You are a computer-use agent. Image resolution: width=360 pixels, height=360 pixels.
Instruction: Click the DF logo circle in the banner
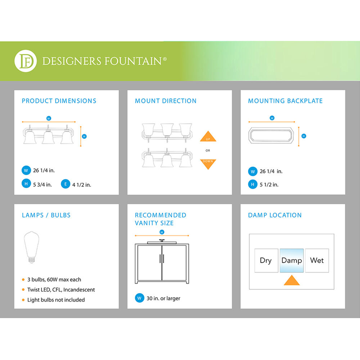tap(26, 61)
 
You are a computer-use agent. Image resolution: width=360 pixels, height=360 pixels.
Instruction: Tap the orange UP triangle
tap(208, 136)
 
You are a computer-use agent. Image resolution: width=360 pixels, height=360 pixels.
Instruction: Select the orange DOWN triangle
tap(208, 164)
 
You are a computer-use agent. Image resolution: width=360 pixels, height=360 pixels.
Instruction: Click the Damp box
tap(292, 260)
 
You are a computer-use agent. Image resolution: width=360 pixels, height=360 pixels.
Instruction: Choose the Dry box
tap(266, 260)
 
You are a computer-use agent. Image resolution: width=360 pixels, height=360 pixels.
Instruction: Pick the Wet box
tap(317, 260)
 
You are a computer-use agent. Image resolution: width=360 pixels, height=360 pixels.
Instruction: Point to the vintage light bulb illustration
tap(31, 247)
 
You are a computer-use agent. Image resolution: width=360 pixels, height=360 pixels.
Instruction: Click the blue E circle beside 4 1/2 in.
tap(66, 184)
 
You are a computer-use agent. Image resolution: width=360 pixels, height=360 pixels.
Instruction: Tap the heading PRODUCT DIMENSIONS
tap(59, 101)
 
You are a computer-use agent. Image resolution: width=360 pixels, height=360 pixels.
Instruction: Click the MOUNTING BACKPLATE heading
tap(285, 101)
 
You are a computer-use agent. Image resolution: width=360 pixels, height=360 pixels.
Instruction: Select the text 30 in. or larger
tap(163, 298)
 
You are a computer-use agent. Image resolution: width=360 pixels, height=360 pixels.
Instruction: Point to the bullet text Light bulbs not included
tap(56, 300)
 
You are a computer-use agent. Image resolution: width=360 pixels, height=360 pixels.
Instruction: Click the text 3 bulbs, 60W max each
tap(54, 279)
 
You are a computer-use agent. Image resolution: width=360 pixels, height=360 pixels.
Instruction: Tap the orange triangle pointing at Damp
tap(292, 280)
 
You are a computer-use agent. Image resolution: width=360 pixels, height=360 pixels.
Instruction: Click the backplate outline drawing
tap(271, 135)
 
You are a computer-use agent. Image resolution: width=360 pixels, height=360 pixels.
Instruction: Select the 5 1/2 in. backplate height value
tap(269, 185)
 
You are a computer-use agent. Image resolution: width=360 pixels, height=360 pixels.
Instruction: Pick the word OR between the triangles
tap(208, 150)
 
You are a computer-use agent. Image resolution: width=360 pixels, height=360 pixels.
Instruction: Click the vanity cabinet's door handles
tap(162, 259)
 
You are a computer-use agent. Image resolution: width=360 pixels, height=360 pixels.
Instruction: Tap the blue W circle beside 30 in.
tap(139, 298)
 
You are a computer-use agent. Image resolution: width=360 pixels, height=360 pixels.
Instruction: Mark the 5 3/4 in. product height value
tap(42, 185)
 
